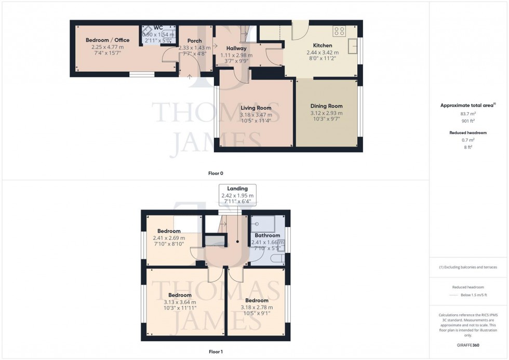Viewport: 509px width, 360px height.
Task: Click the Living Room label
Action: [x=256, y=108]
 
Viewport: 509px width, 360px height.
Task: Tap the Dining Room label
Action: [x=326, y=106]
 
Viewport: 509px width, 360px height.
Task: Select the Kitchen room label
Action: [x=323, y=45]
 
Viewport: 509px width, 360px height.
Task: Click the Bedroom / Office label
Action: [x=108, y=40]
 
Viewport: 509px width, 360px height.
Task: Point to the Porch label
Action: [x=194, y=41]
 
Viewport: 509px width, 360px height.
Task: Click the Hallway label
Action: [x=236, y=48]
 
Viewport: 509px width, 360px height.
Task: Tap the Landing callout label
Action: [x=238, y=188]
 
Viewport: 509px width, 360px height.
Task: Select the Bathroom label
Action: [x=267, y=235]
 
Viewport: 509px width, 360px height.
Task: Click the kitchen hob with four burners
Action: [x=340, y=31]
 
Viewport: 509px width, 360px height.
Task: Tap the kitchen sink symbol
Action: [x=353, y=46]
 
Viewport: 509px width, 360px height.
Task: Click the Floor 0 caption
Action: [x=216, y=173]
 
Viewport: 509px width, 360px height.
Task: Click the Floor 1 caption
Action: [x=216, y=352]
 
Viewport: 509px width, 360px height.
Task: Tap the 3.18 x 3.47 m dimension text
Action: [x=256, y=115]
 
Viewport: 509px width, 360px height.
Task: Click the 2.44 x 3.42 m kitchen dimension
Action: [x=323, y=52]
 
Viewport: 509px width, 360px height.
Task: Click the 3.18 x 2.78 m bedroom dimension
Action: [x=257, y=308]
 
